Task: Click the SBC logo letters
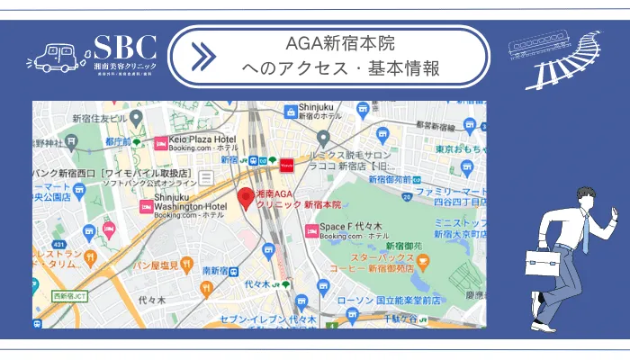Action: [125, 48]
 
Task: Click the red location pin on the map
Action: [245, 198]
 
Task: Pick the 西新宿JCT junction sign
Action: [68, 295]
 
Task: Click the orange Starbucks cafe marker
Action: [423, 260]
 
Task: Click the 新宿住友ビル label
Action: [101, 119]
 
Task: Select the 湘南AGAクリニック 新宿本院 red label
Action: [290, 200]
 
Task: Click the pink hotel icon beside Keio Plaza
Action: [162, 141]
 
